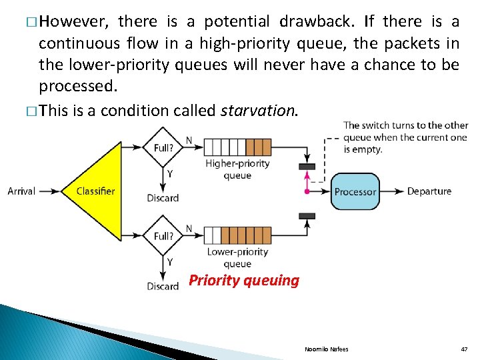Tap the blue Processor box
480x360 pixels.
pos(355,191)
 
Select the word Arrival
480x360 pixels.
pos(21,191)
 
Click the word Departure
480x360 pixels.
pos(429,191)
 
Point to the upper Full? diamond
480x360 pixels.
pos(163,147)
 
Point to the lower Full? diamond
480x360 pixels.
pos(163,236)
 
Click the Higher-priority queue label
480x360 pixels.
pos(237,169)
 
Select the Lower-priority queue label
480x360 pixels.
pos(237,257)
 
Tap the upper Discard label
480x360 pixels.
pos(163,198)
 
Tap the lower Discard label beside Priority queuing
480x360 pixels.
pos(163,287)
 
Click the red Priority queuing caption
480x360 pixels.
pos(244,281)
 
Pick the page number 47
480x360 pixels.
pos(464,349)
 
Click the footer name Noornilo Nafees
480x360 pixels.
pos(327,349)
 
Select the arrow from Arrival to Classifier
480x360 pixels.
pos(49,191)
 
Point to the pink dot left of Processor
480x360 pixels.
pos(307,191)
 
